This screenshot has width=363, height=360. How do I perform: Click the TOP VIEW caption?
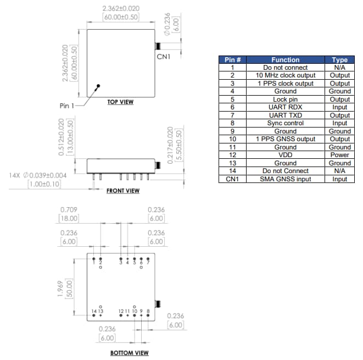tap(120, 102)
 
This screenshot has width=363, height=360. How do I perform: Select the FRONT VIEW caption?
tap(123, 191)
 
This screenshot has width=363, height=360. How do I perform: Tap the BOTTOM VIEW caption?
tap(130, 352)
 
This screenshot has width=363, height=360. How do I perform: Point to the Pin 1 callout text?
tap(69, 105)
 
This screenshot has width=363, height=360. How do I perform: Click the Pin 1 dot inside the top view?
tap(98, 86)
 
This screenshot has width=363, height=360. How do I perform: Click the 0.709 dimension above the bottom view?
tap(69, 209)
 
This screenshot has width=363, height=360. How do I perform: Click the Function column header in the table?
tap(285, 59)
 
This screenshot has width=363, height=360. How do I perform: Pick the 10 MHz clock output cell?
tap(285, 75)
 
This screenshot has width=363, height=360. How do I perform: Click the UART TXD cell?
tap(285, 115)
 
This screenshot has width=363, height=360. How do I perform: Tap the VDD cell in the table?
tap(285, 155)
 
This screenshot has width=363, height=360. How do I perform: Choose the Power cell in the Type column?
tap(339, 155)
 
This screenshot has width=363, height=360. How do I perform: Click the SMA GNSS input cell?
tap(285, 179)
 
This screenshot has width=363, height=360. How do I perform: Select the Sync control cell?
tap(285, 123)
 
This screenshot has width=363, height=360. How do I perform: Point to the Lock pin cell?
tap(285, 99)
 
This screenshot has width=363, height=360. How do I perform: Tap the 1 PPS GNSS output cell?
tap(285, 139)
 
